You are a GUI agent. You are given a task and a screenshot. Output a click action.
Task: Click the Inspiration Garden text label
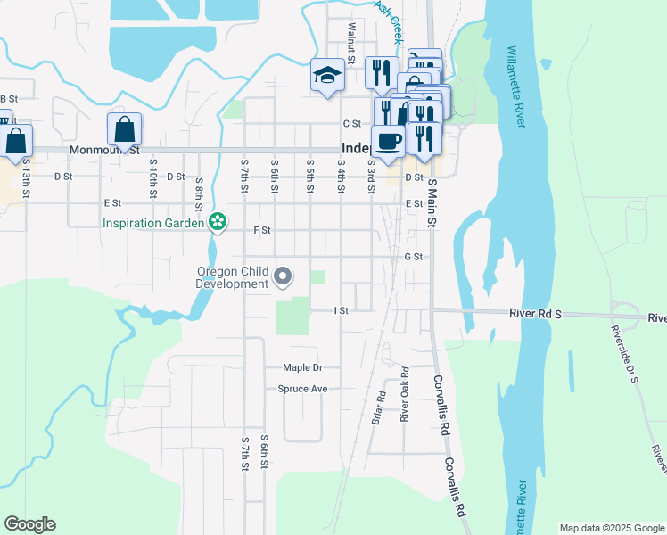pyautogui.click(x=154, y=223)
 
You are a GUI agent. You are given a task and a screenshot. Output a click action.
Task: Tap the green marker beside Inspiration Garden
pyautogui.click(x=216, y=221)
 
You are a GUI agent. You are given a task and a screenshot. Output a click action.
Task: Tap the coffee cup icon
pyautogui.click(x=389, y=141)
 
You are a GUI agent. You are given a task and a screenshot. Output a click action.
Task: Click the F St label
pyautogui.click(x=261, y=230)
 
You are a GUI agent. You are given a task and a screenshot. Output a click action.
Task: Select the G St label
pyautogui.click(x=412, y=257)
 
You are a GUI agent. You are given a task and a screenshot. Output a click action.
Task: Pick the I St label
pyautogui.click(x=340, y=310)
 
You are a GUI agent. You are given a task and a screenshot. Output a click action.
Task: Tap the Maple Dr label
pyautogui.click(x=301, y=367)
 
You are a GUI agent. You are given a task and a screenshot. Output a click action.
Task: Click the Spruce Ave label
pyautogui.click(x=302, y=389)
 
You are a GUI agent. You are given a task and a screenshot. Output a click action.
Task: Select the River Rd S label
pyautogui.click(x=535, y=314)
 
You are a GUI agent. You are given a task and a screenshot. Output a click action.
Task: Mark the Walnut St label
pyautogui.click(x=351, y=42)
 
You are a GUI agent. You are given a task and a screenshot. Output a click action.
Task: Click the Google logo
pyautogui.click(x=29, y=524)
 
